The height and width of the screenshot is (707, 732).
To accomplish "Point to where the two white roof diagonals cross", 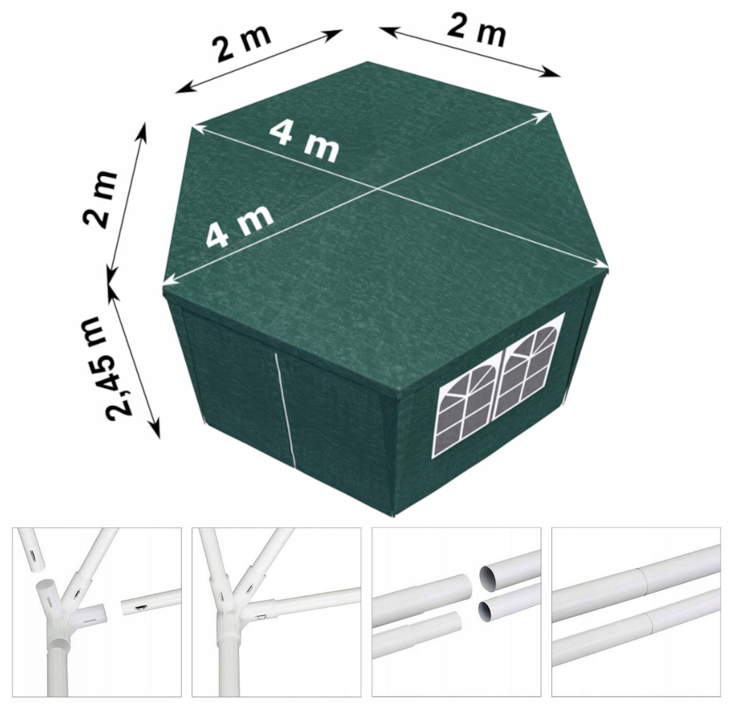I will (x=377, y=188).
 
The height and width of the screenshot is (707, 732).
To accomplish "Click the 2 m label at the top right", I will (x=476, y=32).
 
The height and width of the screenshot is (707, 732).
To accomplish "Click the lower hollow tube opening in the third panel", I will (x=488, y=611).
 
